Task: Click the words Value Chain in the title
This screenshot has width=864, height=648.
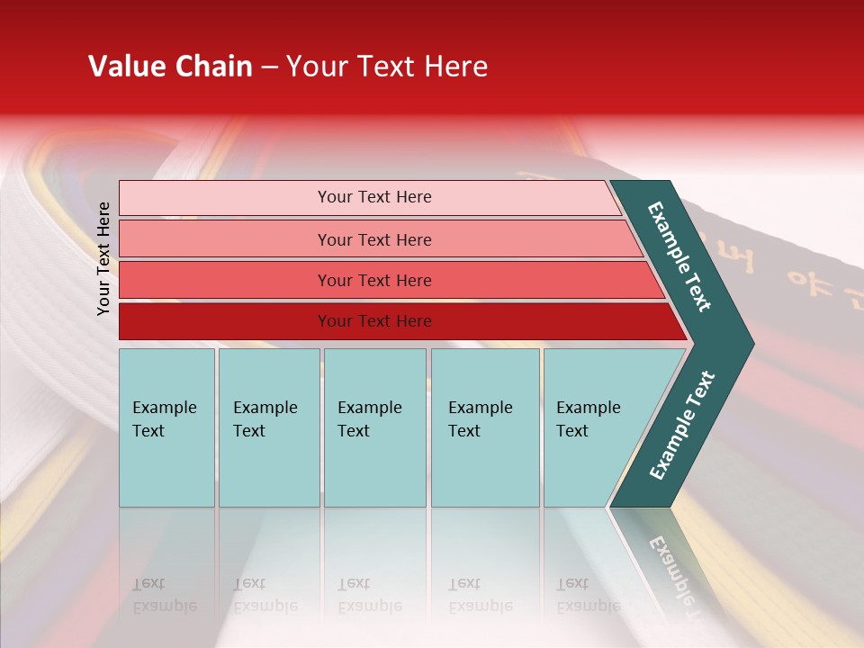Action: pyautogui.click(x=170, y=67)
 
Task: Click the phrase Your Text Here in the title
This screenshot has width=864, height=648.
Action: pyautogui.click(x=387, y=67)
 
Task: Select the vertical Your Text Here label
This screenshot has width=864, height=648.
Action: pyautogui.click(x=103, y=258)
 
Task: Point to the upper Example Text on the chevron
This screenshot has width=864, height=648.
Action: pyautogui.click(x=680, y=256)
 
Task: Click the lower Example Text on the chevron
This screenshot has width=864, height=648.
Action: pyautogui.click(x=681, y=426)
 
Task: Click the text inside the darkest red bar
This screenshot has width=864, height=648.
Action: pyautogui.click(x=374, y=321)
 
